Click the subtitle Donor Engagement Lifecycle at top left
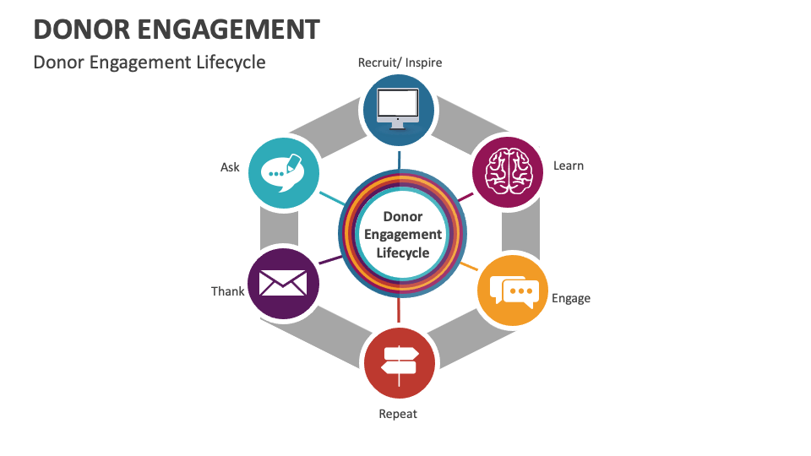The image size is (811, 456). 150,62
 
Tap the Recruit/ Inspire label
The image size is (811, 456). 400,62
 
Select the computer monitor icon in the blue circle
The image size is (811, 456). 399,108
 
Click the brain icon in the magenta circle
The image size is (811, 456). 507,171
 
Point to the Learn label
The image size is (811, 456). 568,166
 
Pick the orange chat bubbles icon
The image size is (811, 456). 513,290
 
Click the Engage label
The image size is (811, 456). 570,298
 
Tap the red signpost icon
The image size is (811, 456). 399,361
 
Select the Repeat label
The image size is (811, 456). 398,414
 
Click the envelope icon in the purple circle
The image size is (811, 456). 283,283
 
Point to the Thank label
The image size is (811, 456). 227,291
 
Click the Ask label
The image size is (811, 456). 230,167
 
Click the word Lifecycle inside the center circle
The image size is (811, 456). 403,252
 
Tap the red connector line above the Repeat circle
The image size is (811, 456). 399,313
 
